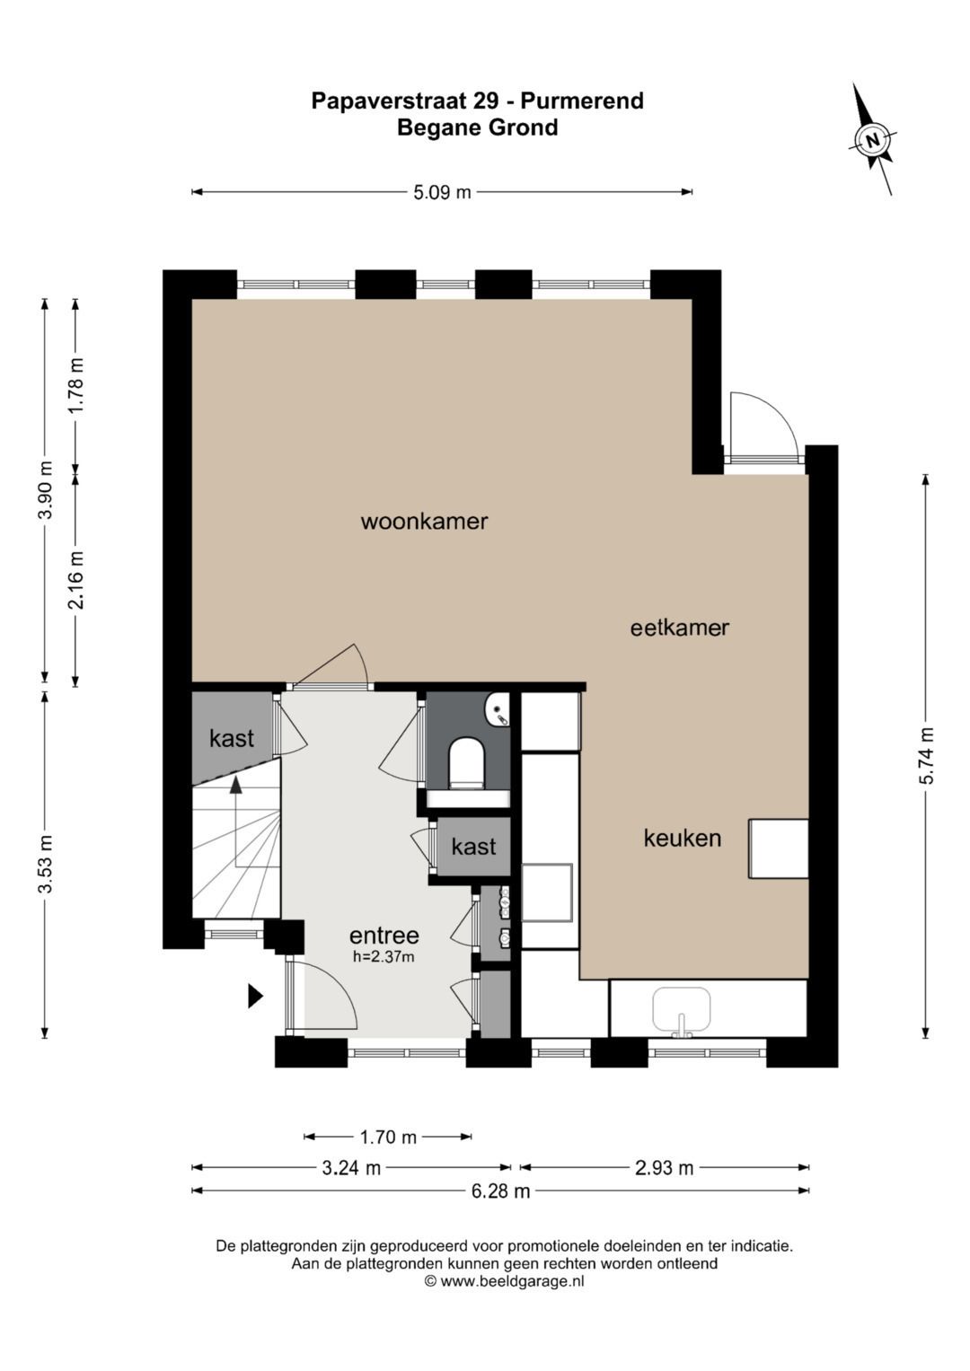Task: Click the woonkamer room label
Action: (424, 522)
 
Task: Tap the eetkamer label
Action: (680, 628)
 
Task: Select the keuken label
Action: (683, 838)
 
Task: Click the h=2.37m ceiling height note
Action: (384, 956)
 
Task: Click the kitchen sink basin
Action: (681, 1009)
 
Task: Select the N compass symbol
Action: (872, 139)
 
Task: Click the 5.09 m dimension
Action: (442, 192)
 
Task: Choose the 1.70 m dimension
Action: (388, 1138)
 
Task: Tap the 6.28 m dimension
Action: (501, 1191)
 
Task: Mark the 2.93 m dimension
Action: (665, 1168)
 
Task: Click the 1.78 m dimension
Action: (76, 385)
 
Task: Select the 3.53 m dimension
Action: (45, 864)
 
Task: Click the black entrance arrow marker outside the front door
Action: (255, 996)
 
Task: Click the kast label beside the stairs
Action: (232, 738)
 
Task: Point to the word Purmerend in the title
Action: (582, 101)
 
